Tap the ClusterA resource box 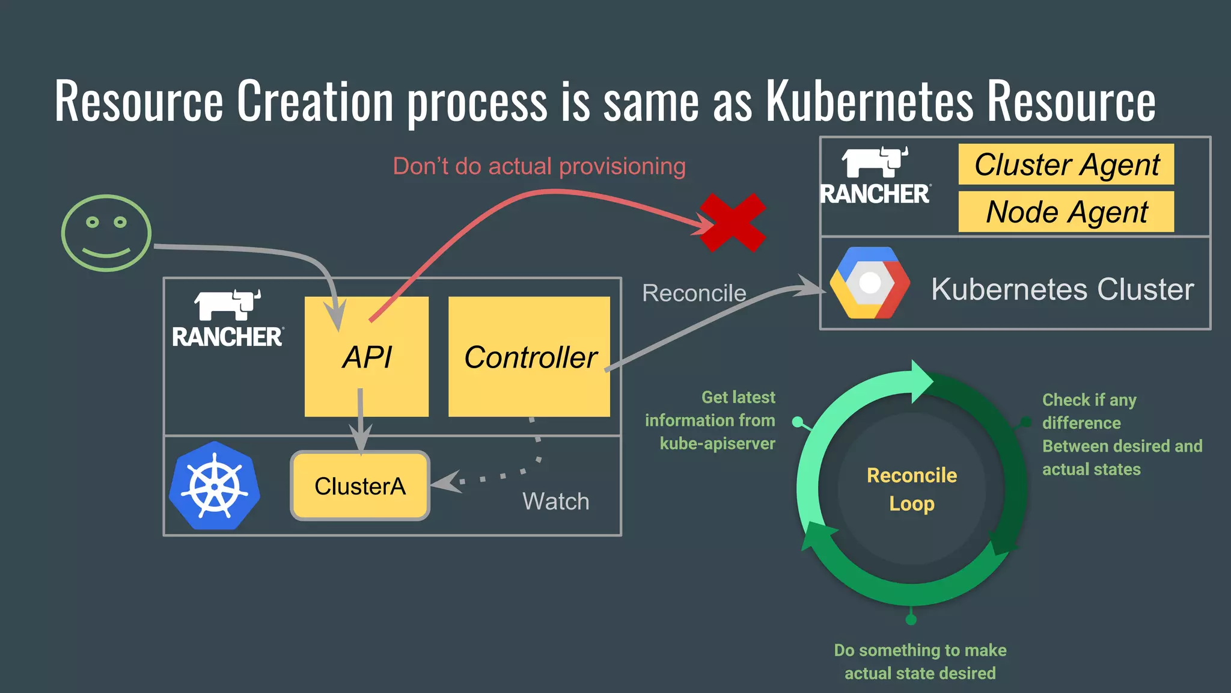pyautogui.click(x=360, y=485)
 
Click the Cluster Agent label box pyautogui.click(x=1066, y=164)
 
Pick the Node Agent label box pyautogui.click(x=1066, y=212)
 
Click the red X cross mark pyautogui.click(x=733, y=223)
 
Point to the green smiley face pyautogui.click(x=106, y=233)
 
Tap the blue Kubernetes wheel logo pyautogui.click(x=215, y=486)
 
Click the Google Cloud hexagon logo pyautogui.click(x=869, y=283)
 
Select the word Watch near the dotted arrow pyautogui.click(x=555, y=501)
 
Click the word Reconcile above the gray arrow pyautogui.click(x=694, y=293)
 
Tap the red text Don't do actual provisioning pyautogui.click(x=539, y=166)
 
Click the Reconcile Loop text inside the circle pyautogui.click(x=911, y=489)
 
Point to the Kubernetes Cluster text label pyautogui.click(x=1062, y=289)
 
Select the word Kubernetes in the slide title pyautogui.click(x=869, y=101)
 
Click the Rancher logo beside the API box pyautogui.click(x=228, y=319)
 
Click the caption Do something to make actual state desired pyautogui.click(x=920, y=661)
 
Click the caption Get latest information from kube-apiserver pyautogui.click(x=710, y=420)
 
